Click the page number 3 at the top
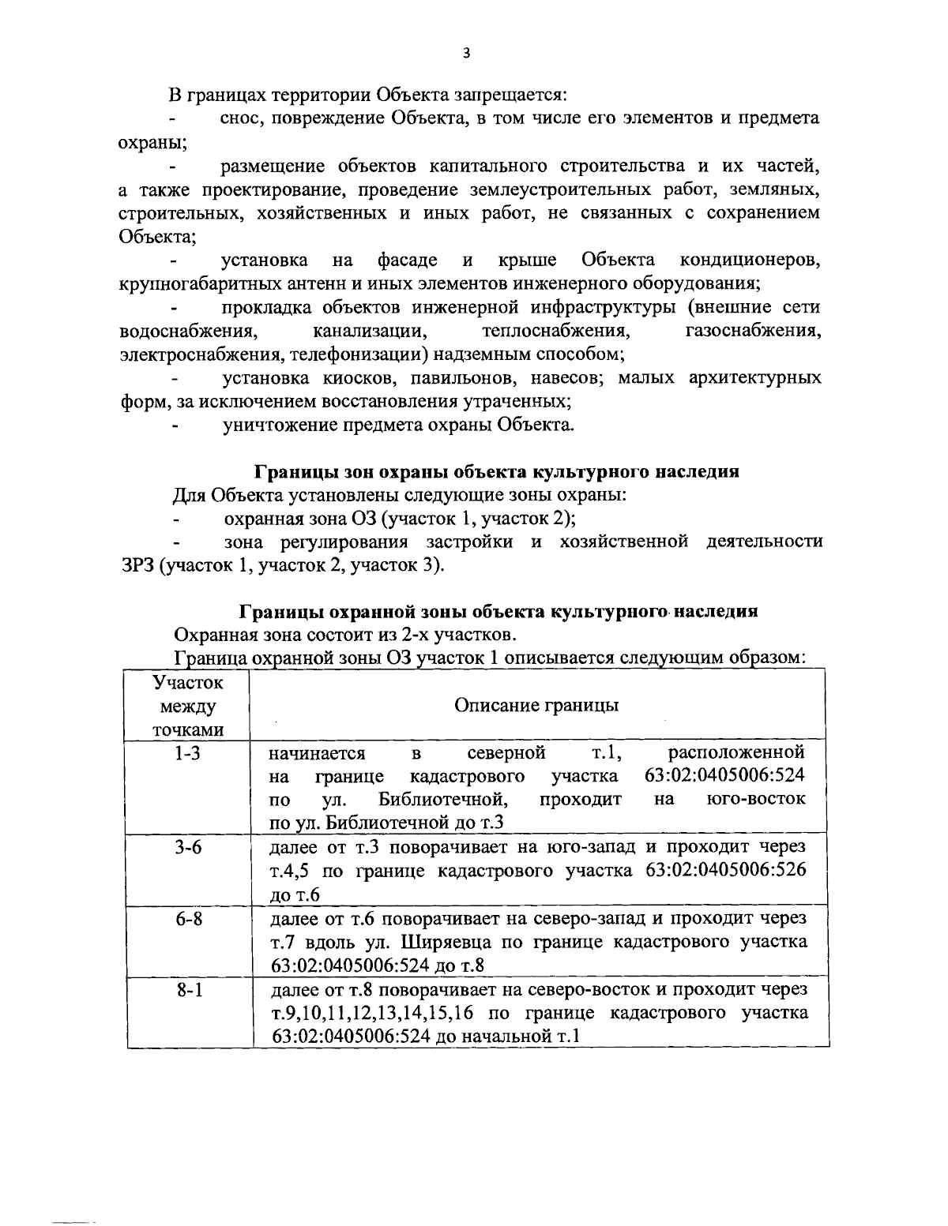click(x=465, y=54)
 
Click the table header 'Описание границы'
click(x=536, y=705)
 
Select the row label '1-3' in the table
click(x=187, y=753)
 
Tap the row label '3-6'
click(x=187, y=847)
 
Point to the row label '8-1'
click(x=187, y=989)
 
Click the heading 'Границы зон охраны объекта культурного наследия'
click(x=496, y=472)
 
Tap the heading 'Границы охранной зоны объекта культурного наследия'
click(x=498, y=612)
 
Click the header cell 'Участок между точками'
click(x=187, y=705)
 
